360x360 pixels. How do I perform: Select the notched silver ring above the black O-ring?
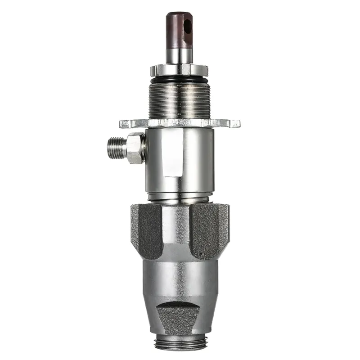[179, 70]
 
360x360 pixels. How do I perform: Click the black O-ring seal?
[179, 80]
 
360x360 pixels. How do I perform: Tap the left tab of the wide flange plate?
[127, 123]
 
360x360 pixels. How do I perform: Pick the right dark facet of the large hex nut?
[210, 229]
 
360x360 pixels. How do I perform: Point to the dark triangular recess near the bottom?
[179, 317]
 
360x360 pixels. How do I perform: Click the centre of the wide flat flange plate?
[179, 123]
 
